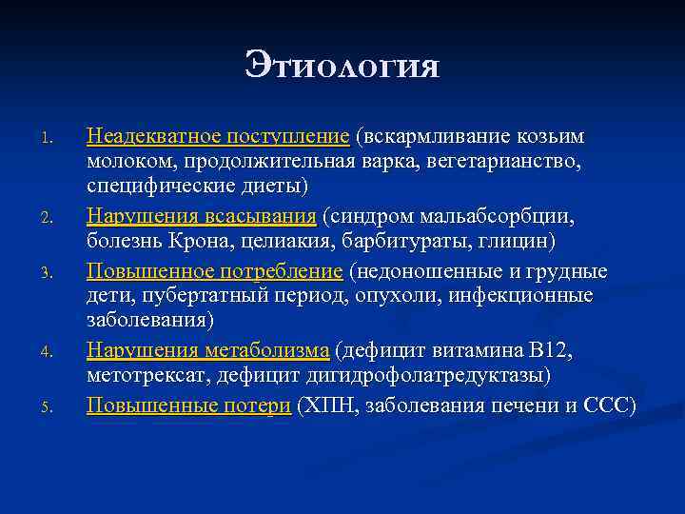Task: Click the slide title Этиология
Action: [x=342, y=66]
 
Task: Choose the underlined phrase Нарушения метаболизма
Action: [x=208, y=351]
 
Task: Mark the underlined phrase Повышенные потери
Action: [x=189, y=405]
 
